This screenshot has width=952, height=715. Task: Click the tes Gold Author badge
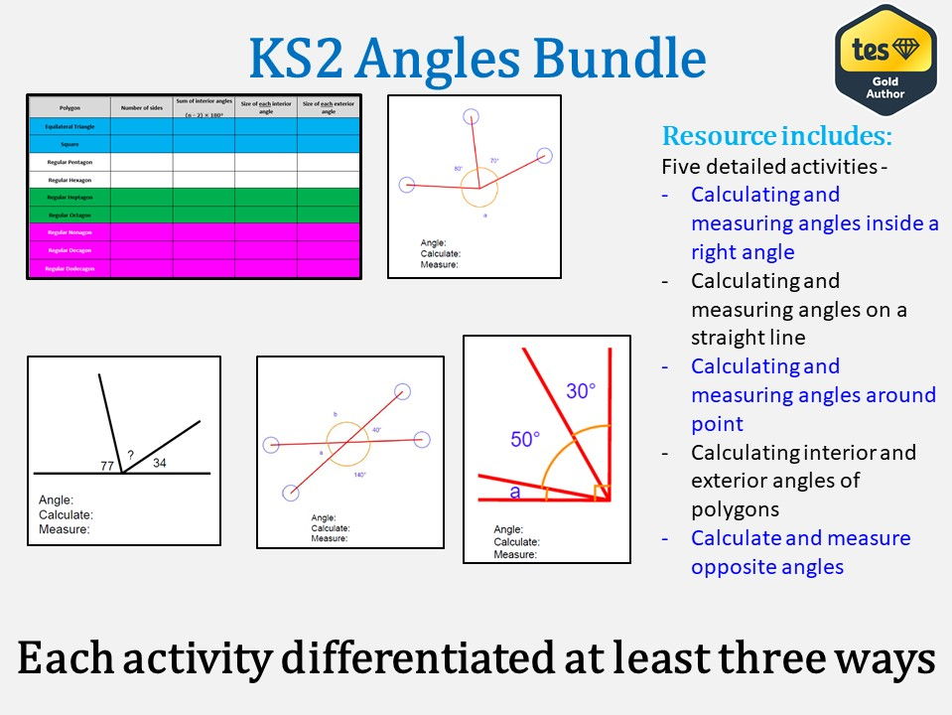point(885,60)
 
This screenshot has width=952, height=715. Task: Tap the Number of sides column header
point(141,106)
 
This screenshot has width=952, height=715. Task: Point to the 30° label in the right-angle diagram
point(581,391)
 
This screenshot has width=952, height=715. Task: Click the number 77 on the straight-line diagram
point(107,466)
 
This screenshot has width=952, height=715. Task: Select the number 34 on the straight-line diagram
point(159,463)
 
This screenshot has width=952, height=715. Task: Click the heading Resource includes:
point(776,136)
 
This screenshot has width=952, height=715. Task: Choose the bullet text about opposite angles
point(800,552)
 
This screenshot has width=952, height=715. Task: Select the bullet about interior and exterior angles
point(803,481)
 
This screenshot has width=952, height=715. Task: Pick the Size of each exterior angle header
point(328,106)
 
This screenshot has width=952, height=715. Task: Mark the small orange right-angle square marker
point(600,493)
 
